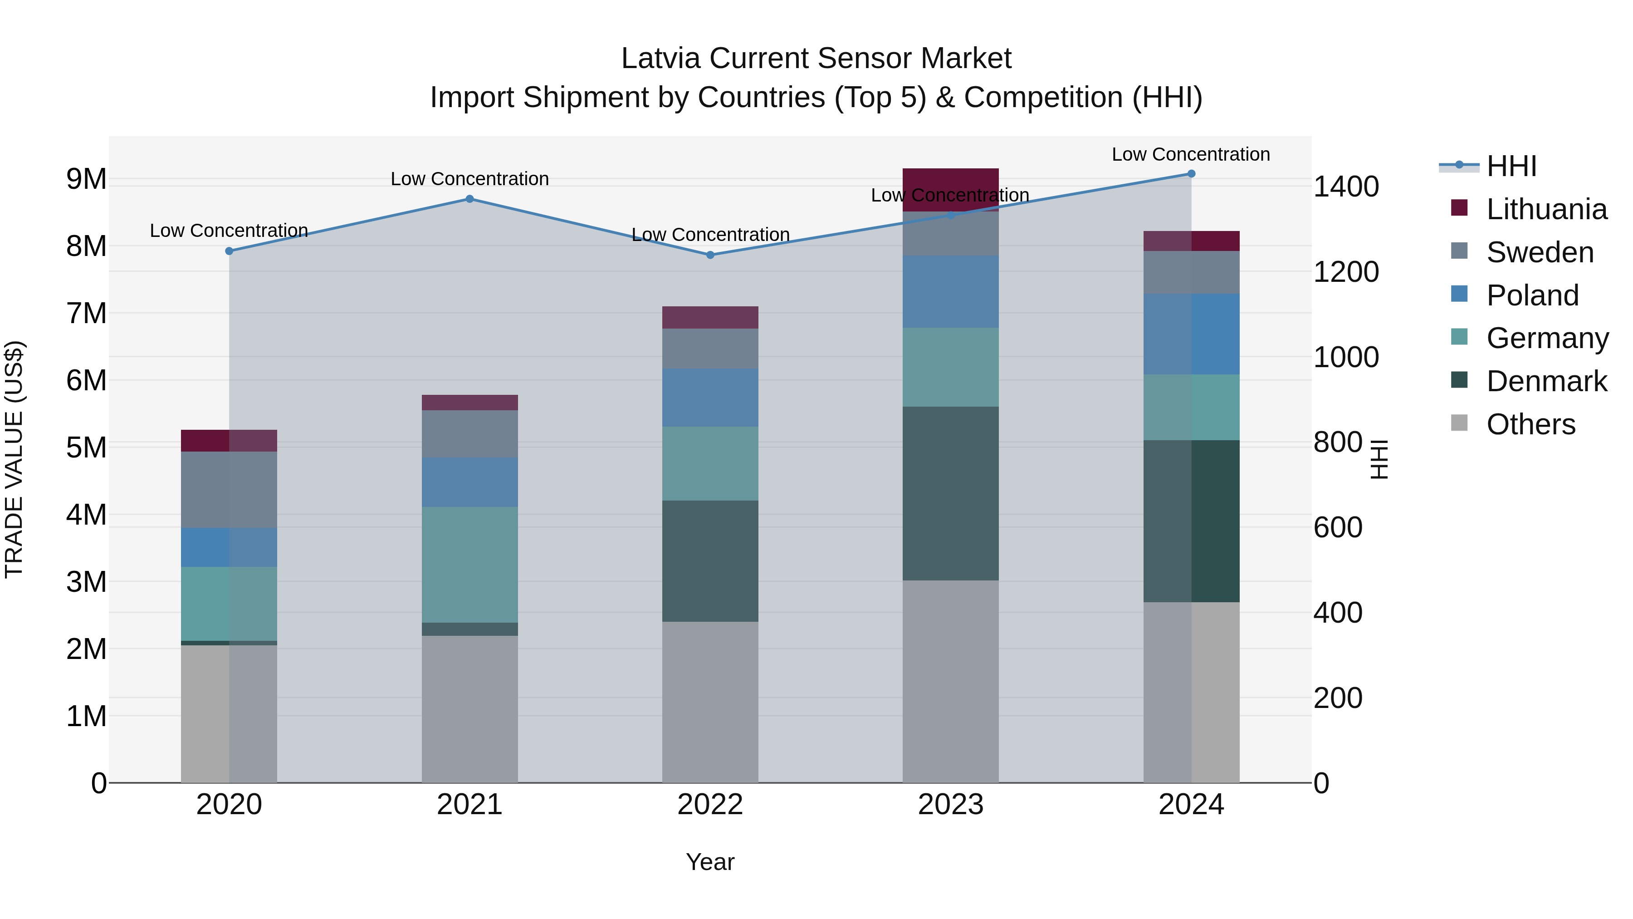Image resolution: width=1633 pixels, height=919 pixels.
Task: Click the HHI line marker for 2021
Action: tap(470, 199)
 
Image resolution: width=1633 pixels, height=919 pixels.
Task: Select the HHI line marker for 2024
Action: tap(1191, 174)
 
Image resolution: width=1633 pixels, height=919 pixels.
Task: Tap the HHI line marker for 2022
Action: tap(710, 255)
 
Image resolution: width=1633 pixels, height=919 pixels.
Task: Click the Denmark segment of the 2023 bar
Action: tap(950, 493)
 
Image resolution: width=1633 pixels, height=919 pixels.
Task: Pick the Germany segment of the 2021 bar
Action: tap(470, 565)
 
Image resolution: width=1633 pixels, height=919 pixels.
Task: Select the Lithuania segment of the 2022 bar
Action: tap(710, 318)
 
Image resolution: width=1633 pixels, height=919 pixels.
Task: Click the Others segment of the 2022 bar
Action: tap(710, 702)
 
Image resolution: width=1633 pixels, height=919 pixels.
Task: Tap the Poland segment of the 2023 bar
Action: tap(950, 292)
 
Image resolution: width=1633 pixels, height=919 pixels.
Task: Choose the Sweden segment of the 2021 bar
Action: tap(470, 434)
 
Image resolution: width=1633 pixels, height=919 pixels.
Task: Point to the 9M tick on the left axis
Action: tap(86, 179)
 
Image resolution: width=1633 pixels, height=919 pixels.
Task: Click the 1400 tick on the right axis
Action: tap(1345, 187)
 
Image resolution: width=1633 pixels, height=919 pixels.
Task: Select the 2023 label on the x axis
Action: tap(950, 805)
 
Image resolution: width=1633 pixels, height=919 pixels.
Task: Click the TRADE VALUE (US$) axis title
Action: tap(15, 459)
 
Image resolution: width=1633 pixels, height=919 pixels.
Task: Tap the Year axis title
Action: tap(710, 862)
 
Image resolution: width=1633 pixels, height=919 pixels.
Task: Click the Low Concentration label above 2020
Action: tap(229, 231)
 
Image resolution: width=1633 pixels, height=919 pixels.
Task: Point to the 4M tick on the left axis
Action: tap(86, 515)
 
